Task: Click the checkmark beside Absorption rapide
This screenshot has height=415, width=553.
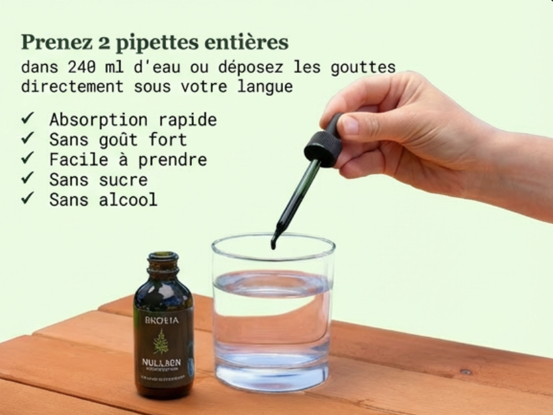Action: [28, 119]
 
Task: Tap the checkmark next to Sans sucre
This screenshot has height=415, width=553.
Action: [28, 179]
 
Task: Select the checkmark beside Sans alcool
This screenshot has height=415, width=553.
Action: [28, 199]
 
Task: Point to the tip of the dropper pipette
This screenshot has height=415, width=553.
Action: [274, 245]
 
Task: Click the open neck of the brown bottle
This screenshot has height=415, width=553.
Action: [163, 256]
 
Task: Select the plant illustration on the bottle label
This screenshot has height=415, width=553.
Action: [161, 342]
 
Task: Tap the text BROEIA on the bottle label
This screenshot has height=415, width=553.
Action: [161, 320]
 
